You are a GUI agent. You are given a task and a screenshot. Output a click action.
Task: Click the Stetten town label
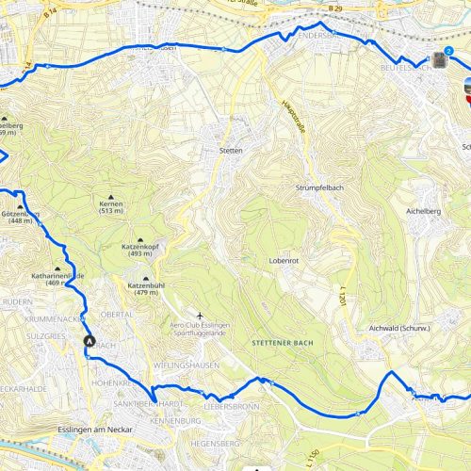click(x=231, y=151)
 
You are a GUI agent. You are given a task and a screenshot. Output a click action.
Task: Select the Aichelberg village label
click(x=423, y=212)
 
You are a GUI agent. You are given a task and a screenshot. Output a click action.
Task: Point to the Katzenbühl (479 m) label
click(x=146, y=288)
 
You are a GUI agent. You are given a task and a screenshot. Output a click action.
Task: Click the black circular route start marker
click(x=89, y=342)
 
